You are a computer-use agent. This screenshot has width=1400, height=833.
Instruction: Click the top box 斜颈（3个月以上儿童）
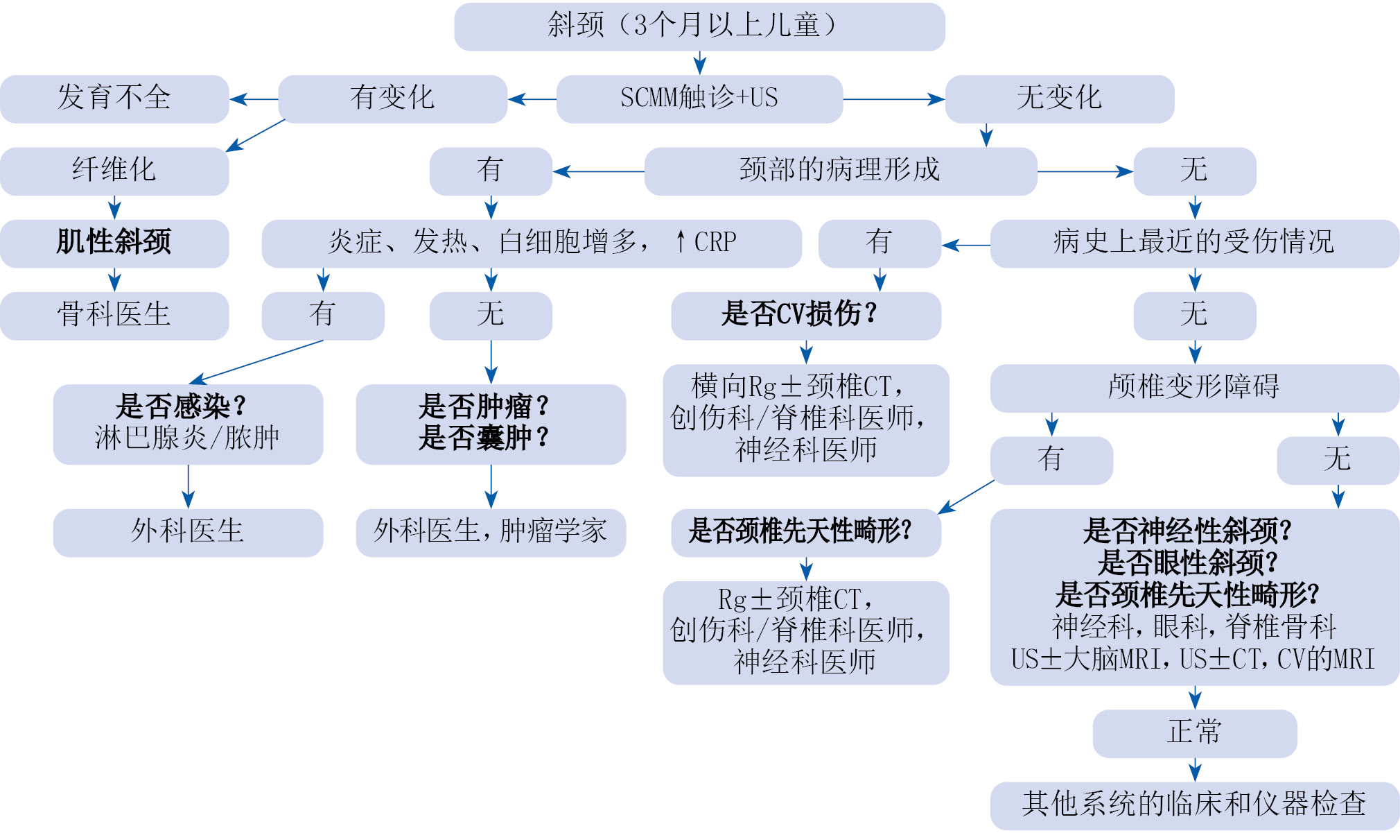coord(699,26)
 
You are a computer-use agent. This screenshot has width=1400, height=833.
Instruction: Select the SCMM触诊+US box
coord(699,98)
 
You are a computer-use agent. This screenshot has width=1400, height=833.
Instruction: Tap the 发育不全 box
coord(114,98)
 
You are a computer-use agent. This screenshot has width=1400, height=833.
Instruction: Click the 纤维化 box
coord(114,171)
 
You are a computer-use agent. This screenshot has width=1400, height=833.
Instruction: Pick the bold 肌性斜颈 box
coord(114,243)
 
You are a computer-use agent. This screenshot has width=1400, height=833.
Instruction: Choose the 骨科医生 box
coord(114,316)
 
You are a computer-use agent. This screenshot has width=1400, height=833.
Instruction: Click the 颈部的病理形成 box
coord(840,171)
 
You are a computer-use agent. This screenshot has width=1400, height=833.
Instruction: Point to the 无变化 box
coord(1059,98)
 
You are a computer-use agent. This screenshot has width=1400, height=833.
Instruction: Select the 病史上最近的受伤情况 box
coord(1194,243)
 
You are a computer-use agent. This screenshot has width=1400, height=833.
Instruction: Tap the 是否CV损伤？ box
coord(805,316)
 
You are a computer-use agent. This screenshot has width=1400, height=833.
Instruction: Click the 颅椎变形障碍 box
coord(1194,388)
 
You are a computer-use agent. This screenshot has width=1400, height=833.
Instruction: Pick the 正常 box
coord(1194,733)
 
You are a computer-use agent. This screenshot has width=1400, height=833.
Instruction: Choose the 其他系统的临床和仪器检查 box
coord(1194,805)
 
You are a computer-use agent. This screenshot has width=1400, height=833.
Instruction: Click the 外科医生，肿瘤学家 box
coord(491,532)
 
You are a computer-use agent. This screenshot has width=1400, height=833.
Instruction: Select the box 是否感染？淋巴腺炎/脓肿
coord(188,424)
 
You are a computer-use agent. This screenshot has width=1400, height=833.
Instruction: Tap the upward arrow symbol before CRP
coord(681,242)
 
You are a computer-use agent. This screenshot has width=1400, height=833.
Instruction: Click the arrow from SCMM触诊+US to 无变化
coord(893,99)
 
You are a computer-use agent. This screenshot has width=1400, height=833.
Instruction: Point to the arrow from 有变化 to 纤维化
coord(256,135)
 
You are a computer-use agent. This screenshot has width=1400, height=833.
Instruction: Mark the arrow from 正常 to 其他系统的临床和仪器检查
coord(1195,769)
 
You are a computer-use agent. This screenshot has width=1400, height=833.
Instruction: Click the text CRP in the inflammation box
coord(715,242)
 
